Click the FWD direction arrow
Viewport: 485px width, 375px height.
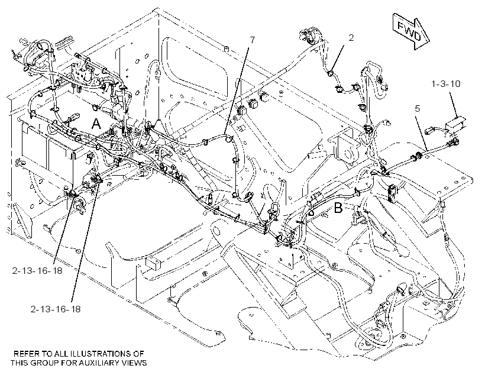pos(410,31)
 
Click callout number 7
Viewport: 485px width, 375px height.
pos(253,40)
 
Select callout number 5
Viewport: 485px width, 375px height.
pos(418,109)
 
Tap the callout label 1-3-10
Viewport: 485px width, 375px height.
pos(446,83)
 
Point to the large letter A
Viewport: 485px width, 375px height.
pos(96,124)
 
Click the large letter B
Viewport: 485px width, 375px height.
pos(338,208)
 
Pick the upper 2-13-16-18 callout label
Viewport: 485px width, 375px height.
pos(37,271)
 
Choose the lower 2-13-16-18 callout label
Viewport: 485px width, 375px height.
pos(56,309)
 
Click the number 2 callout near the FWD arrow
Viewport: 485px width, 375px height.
pos(351,38)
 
